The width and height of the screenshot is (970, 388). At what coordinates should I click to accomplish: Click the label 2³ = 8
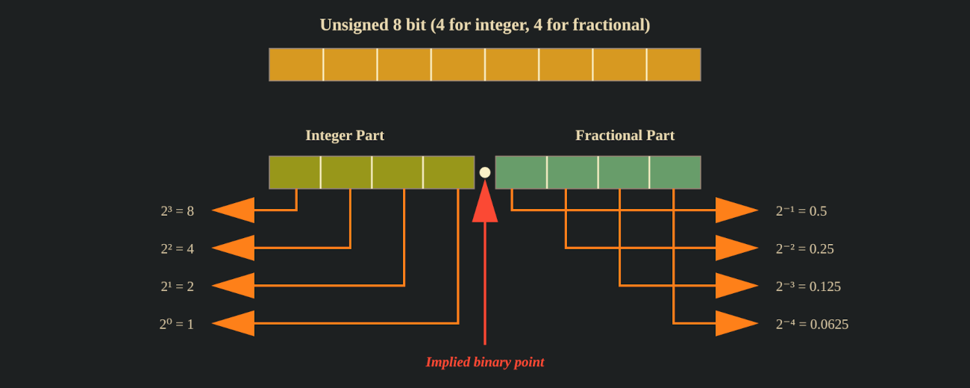pyautogui.click(x=177, y=211)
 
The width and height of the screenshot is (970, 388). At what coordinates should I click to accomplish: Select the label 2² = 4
pyautogui.click(x=177, y=248)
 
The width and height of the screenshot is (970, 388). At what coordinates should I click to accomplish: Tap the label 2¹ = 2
pyautogui.click(x=177, y=287)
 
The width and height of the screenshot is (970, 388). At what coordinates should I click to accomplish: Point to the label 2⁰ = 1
pyautogui.click(x=176, y=324)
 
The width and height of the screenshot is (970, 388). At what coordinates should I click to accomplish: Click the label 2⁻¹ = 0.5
pyautogui.click(x=801, y=211)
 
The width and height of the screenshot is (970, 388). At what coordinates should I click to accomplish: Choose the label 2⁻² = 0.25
pyautogui.click(x=804, y=248)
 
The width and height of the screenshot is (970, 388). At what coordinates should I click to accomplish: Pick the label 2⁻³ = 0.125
pyautogui.click(x=808, y=287)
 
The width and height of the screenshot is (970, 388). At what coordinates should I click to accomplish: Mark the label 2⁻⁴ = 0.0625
pyautogui.click(x=812, y=324)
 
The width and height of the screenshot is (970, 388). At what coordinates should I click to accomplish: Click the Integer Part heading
pyautogui.click(x=345, y=135)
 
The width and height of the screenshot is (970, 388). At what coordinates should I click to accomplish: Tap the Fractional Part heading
pyautogui.click(x=625, y=135)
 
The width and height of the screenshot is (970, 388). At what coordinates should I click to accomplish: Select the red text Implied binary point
pyautogui.click(x=484, y=362)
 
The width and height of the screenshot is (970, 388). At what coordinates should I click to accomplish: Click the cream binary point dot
pyautogui.click(x=485, y=172)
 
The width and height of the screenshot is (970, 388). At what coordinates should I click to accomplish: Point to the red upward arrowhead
pyautogui.click(x=485, y=204)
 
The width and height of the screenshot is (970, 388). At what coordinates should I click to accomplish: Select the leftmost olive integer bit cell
pyautogui.click(x=295, y=172)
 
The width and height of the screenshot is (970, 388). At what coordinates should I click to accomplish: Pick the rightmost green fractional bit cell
pyautogui.click(x=675, y=172)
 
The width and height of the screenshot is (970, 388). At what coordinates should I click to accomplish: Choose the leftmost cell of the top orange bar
pyautogui.click(x=296, y=64)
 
